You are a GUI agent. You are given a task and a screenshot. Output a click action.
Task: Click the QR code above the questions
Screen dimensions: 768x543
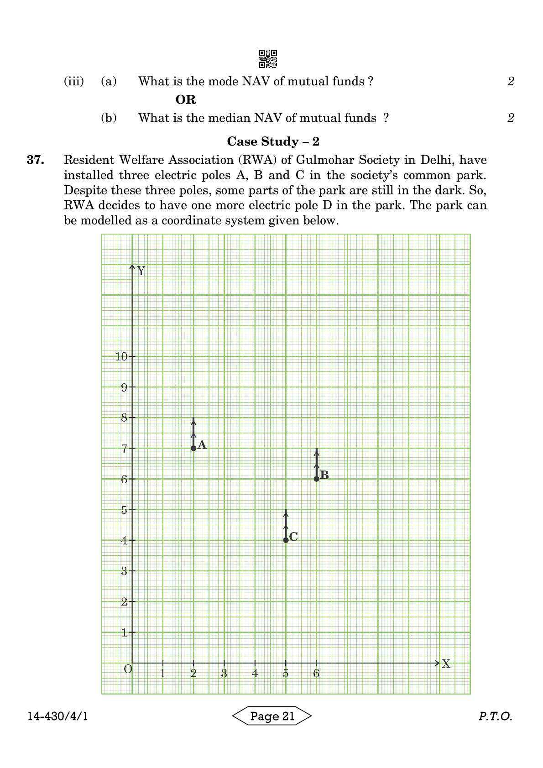coord(268,59)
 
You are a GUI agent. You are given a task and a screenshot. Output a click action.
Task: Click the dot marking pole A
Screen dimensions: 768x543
coord(193,448)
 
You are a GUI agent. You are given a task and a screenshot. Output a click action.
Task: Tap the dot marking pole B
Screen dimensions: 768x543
coord(317,479)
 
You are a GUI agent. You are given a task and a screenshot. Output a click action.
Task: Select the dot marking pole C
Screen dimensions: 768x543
coord(286,540)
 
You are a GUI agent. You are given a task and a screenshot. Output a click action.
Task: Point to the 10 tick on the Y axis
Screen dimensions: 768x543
coord(122,356)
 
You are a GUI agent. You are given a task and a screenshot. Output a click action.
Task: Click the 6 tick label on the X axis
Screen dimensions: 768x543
coord(316,674)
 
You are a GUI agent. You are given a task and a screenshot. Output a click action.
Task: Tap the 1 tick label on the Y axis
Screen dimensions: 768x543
coord(124,632)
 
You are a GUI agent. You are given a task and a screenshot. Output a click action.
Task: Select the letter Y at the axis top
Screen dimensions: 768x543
coord(141,271)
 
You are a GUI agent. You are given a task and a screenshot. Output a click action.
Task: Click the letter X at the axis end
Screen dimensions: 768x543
coord(446,664)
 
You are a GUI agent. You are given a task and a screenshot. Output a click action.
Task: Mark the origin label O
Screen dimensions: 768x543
coord(128,669)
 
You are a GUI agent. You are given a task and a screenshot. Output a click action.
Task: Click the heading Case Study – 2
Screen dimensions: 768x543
coord(273,141)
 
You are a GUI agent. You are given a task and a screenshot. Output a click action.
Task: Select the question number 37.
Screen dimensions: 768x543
coord(35,160)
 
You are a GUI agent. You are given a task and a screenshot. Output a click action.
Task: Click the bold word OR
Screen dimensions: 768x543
coord(186,99)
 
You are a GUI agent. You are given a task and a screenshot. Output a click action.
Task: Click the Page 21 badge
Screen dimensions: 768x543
coord(272,716)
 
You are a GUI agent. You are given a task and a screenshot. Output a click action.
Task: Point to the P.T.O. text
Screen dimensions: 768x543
coord(496,716)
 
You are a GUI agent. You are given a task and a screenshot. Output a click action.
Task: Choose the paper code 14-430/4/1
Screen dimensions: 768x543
coord(58,716)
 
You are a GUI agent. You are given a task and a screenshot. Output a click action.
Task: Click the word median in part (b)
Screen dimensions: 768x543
coord(261,118)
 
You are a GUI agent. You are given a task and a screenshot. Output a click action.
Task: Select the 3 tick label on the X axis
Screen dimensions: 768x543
coord(224,674)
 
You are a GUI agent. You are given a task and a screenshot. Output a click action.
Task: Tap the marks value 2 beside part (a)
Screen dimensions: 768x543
coord(511,81)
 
